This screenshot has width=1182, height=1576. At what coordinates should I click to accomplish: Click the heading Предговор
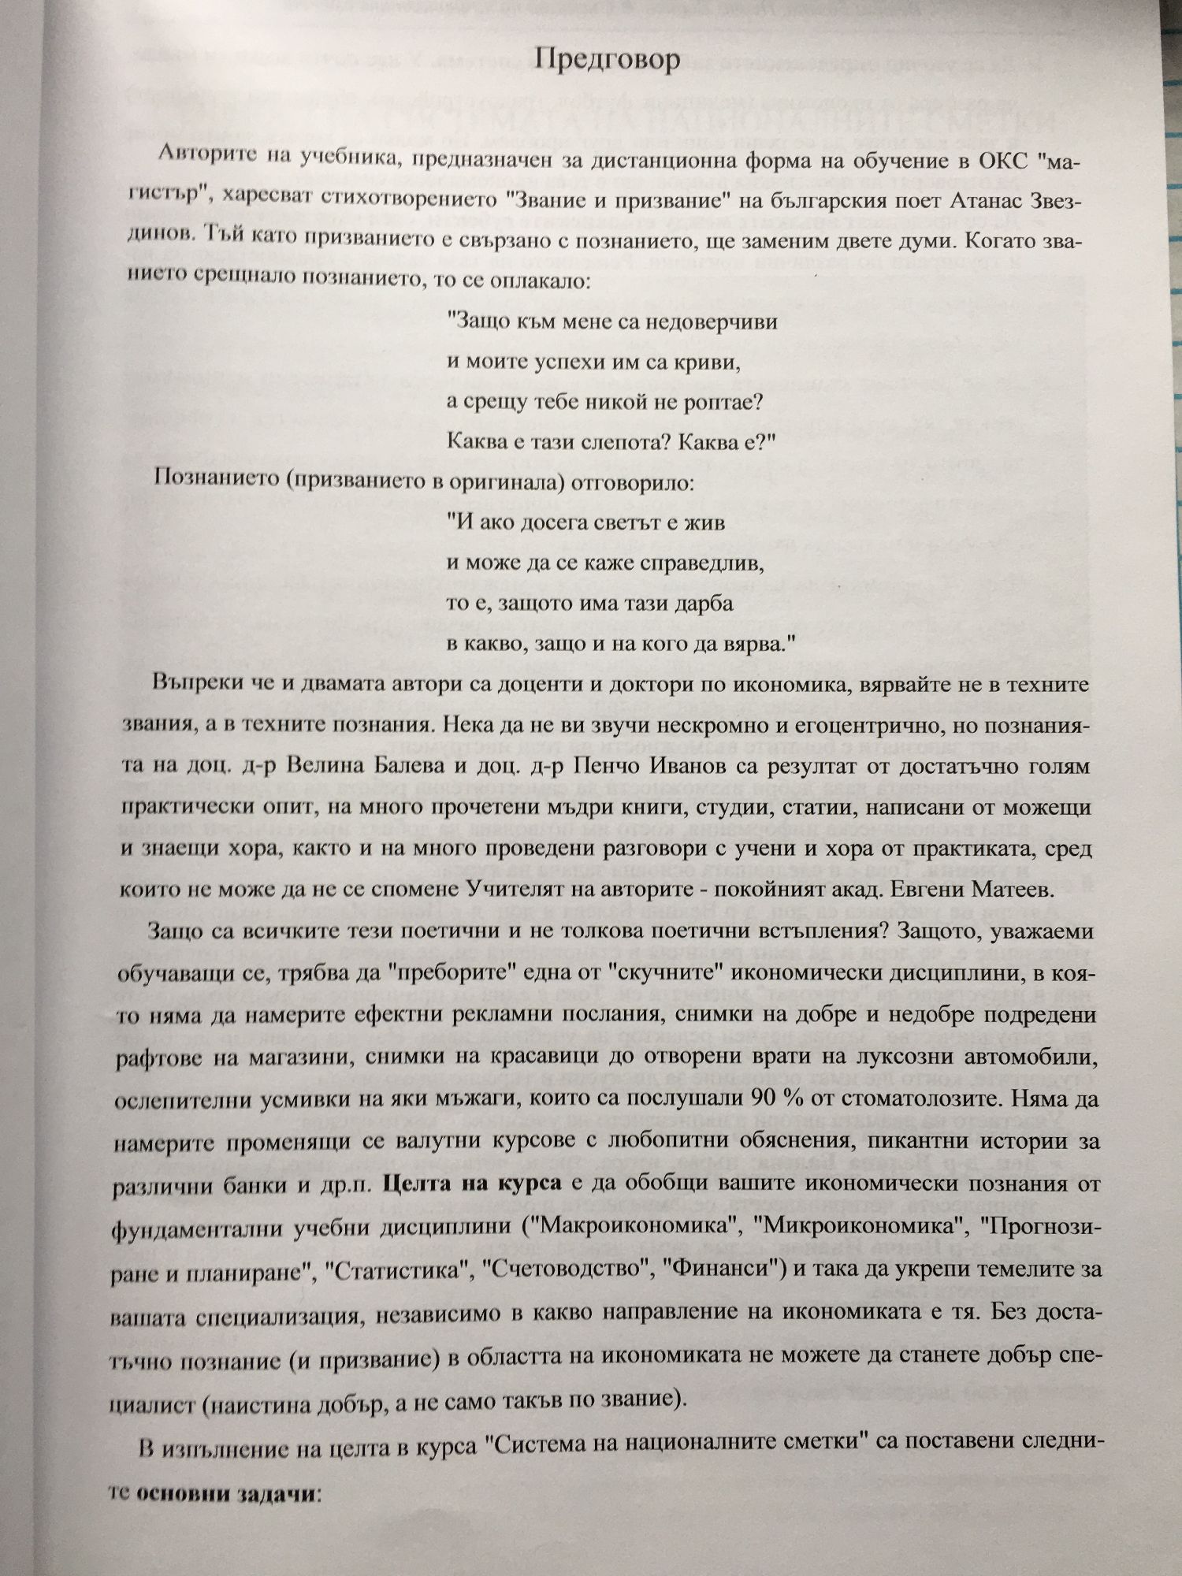click(607, 61)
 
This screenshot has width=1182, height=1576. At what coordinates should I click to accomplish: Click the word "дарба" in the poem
click(705, 604)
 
